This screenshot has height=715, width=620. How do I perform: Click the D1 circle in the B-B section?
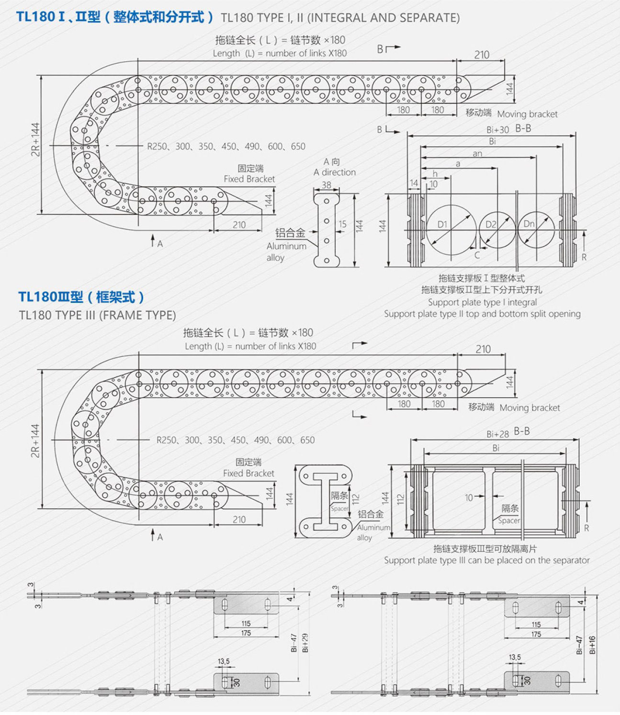point(451,230)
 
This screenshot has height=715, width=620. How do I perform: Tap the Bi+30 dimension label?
point(497,130)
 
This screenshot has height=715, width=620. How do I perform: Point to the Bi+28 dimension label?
point(497,434)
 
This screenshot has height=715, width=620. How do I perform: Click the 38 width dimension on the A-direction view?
point(326,185)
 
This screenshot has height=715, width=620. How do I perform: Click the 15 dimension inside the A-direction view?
point(342,224)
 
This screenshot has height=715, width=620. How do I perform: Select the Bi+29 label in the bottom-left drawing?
point(305,643)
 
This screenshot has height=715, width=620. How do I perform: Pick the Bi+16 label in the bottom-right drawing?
point(592,645)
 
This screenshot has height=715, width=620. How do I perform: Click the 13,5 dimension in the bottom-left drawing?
point(224,661)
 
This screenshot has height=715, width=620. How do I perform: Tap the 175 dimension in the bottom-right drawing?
point(536,634)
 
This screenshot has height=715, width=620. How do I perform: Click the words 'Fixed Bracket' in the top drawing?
point(249,179)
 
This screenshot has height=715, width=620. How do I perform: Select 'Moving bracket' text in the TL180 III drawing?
point(530,408)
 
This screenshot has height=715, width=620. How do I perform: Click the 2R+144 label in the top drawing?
point(35,140)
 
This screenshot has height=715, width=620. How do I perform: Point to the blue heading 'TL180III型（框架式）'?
point(81,297)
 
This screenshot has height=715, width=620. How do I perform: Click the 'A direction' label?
point(335,172)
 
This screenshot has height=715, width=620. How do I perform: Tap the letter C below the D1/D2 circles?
point(477,256)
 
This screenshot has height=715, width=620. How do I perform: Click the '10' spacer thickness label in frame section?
point(469,498)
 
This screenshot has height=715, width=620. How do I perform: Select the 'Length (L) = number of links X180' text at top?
point(280,53)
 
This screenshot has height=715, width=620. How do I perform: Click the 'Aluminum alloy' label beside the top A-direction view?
point(286,252)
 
